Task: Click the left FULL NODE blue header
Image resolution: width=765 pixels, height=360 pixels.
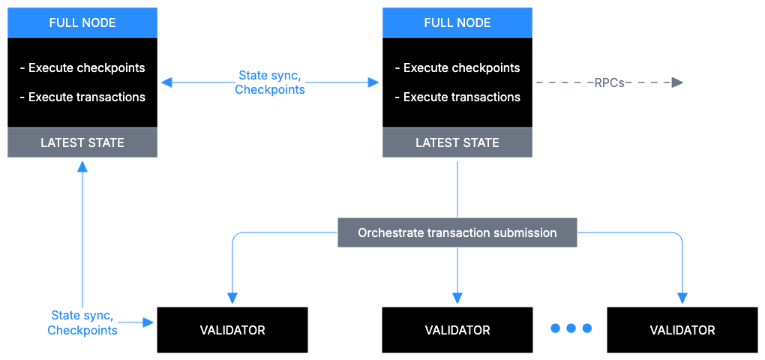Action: pyautogui.click(x=82, y=22)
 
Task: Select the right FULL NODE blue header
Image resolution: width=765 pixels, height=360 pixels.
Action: pyautogui.click(x=457, y=22)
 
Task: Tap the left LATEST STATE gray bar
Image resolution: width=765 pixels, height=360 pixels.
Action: pyautogui.click(x=82, y=142)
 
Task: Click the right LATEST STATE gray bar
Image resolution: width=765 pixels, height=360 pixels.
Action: pyautogui.click(x=457, y=142)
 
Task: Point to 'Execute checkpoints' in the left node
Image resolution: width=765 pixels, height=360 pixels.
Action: pyautogui.click(x=82, y=67)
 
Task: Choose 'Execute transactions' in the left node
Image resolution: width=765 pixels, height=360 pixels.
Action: pyautogui.click(x=82, y=97)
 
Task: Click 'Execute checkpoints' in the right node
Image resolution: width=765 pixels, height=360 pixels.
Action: pyautogui.click(x=457, y=67)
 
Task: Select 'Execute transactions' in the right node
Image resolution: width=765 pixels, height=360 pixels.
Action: pyautogui.click(x=457, y=97)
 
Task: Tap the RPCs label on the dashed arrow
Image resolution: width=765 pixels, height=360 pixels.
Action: pyautogui.click(x=608, y=82)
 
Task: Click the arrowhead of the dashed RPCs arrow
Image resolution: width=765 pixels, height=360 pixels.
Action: pyautogui.click(x=677, y=82)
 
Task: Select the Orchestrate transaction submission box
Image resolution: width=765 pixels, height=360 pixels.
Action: pyautogui.click(x=457, y=232)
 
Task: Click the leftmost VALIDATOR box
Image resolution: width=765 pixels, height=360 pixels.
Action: pyautogui.click(x=232, y=330)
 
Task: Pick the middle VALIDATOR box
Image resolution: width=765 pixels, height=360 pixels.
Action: pyautogui.click(x=457, y=330)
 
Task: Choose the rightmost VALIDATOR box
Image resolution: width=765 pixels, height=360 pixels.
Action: pyautogui.click(x=682, y=330)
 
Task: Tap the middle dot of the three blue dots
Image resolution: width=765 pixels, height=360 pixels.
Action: pyautogui.click(x=571, y=328)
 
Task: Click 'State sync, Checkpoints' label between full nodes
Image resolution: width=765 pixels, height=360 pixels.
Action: pyautogui.click(x=270, y=82)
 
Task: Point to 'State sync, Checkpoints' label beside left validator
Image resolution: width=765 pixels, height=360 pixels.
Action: pyautogui.click(x=82, y=322)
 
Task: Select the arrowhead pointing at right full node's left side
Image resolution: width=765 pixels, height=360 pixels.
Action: pyautogui.click(x=373, y=82)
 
